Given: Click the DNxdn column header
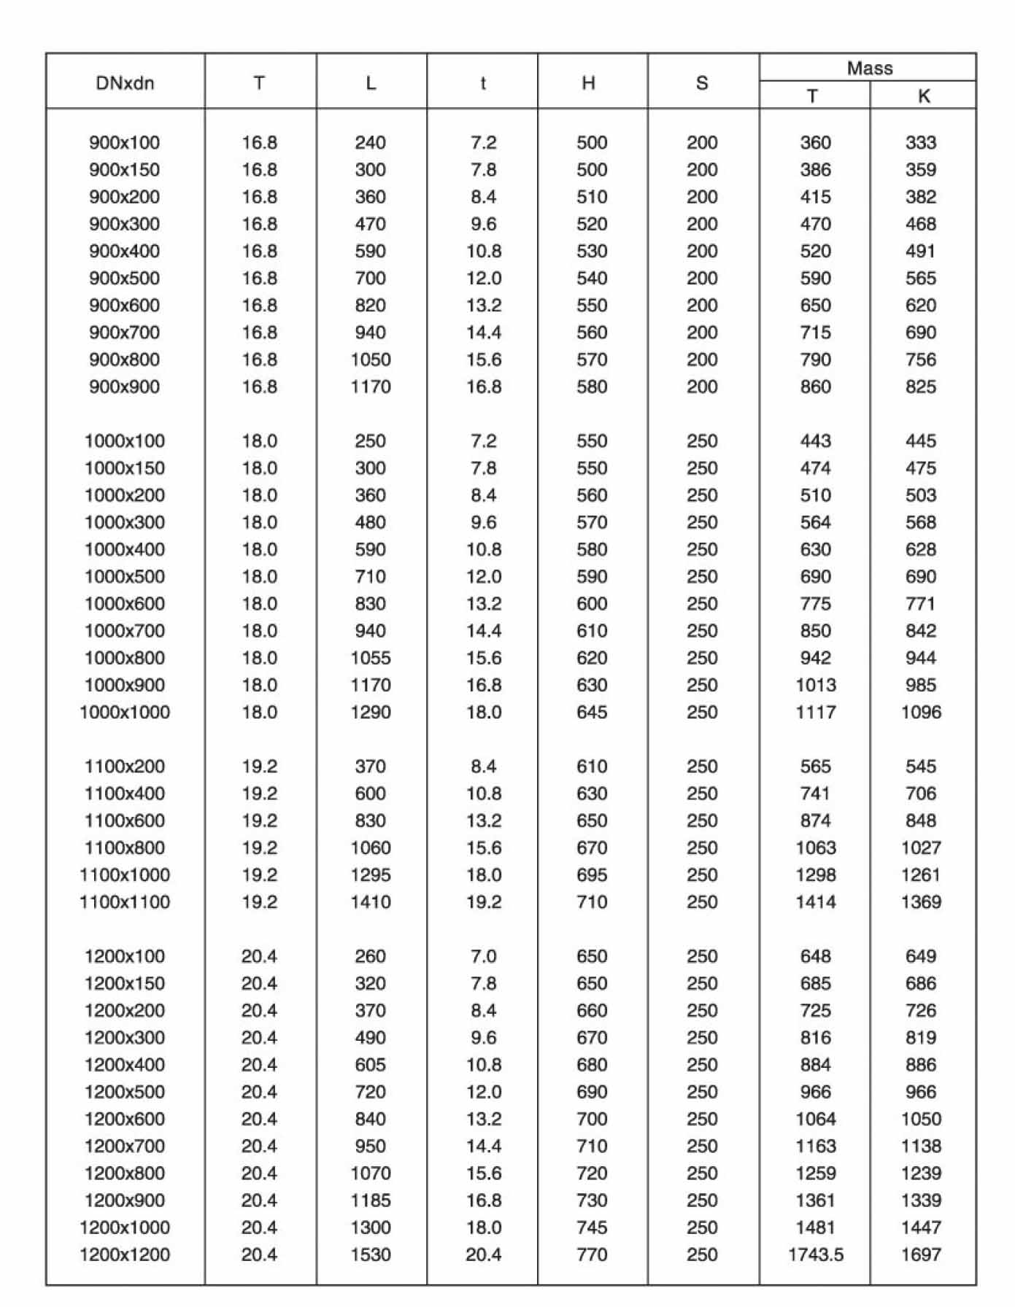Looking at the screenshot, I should coord(125,83).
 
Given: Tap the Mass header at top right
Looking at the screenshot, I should coord(869,69).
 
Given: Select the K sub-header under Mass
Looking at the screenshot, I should coord(923,96).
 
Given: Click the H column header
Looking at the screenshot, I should coord(588,83).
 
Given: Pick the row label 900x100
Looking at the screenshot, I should coord(124,143).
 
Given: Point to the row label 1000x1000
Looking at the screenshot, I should coord(124,713).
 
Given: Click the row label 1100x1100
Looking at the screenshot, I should coord(124,902).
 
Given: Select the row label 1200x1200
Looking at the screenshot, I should coord(124,1255).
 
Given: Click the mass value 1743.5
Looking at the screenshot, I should coord(815,1255).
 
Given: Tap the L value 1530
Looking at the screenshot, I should coord(371,1255).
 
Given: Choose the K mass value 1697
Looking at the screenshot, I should coord(921,1255).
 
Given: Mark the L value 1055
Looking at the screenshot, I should coord(371,658).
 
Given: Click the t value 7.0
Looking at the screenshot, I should coord(483,956).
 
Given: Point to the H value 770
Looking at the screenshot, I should coord(591,1255).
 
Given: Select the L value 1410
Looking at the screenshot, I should coord(371,902).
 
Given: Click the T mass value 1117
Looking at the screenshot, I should coord(815,713).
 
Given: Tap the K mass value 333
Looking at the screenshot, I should coord(921,143).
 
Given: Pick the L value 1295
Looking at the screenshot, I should coord(371,875).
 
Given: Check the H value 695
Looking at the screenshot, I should coord(591,875).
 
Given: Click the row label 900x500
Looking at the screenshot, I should coord(124,279).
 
